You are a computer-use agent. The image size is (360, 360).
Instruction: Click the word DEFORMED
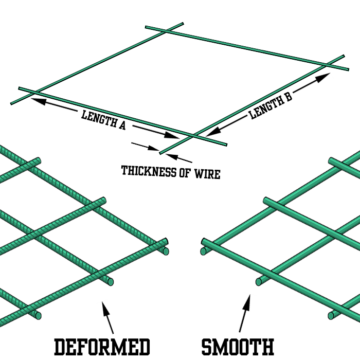coord(101,347)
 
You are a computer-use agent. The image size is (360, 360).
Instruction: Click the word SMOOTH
coord(237,347)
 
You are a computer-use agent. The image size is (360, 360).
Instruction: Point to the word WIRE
coord(207,174)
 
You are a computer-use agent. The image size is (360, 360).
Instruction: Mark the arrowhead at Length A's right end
coord(173,136)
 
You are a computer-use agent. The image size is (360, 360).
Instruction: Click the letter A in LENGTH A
coord(122,125)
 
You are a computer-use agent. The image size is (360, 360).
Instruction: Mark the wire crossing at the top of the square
coord(165,31)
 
